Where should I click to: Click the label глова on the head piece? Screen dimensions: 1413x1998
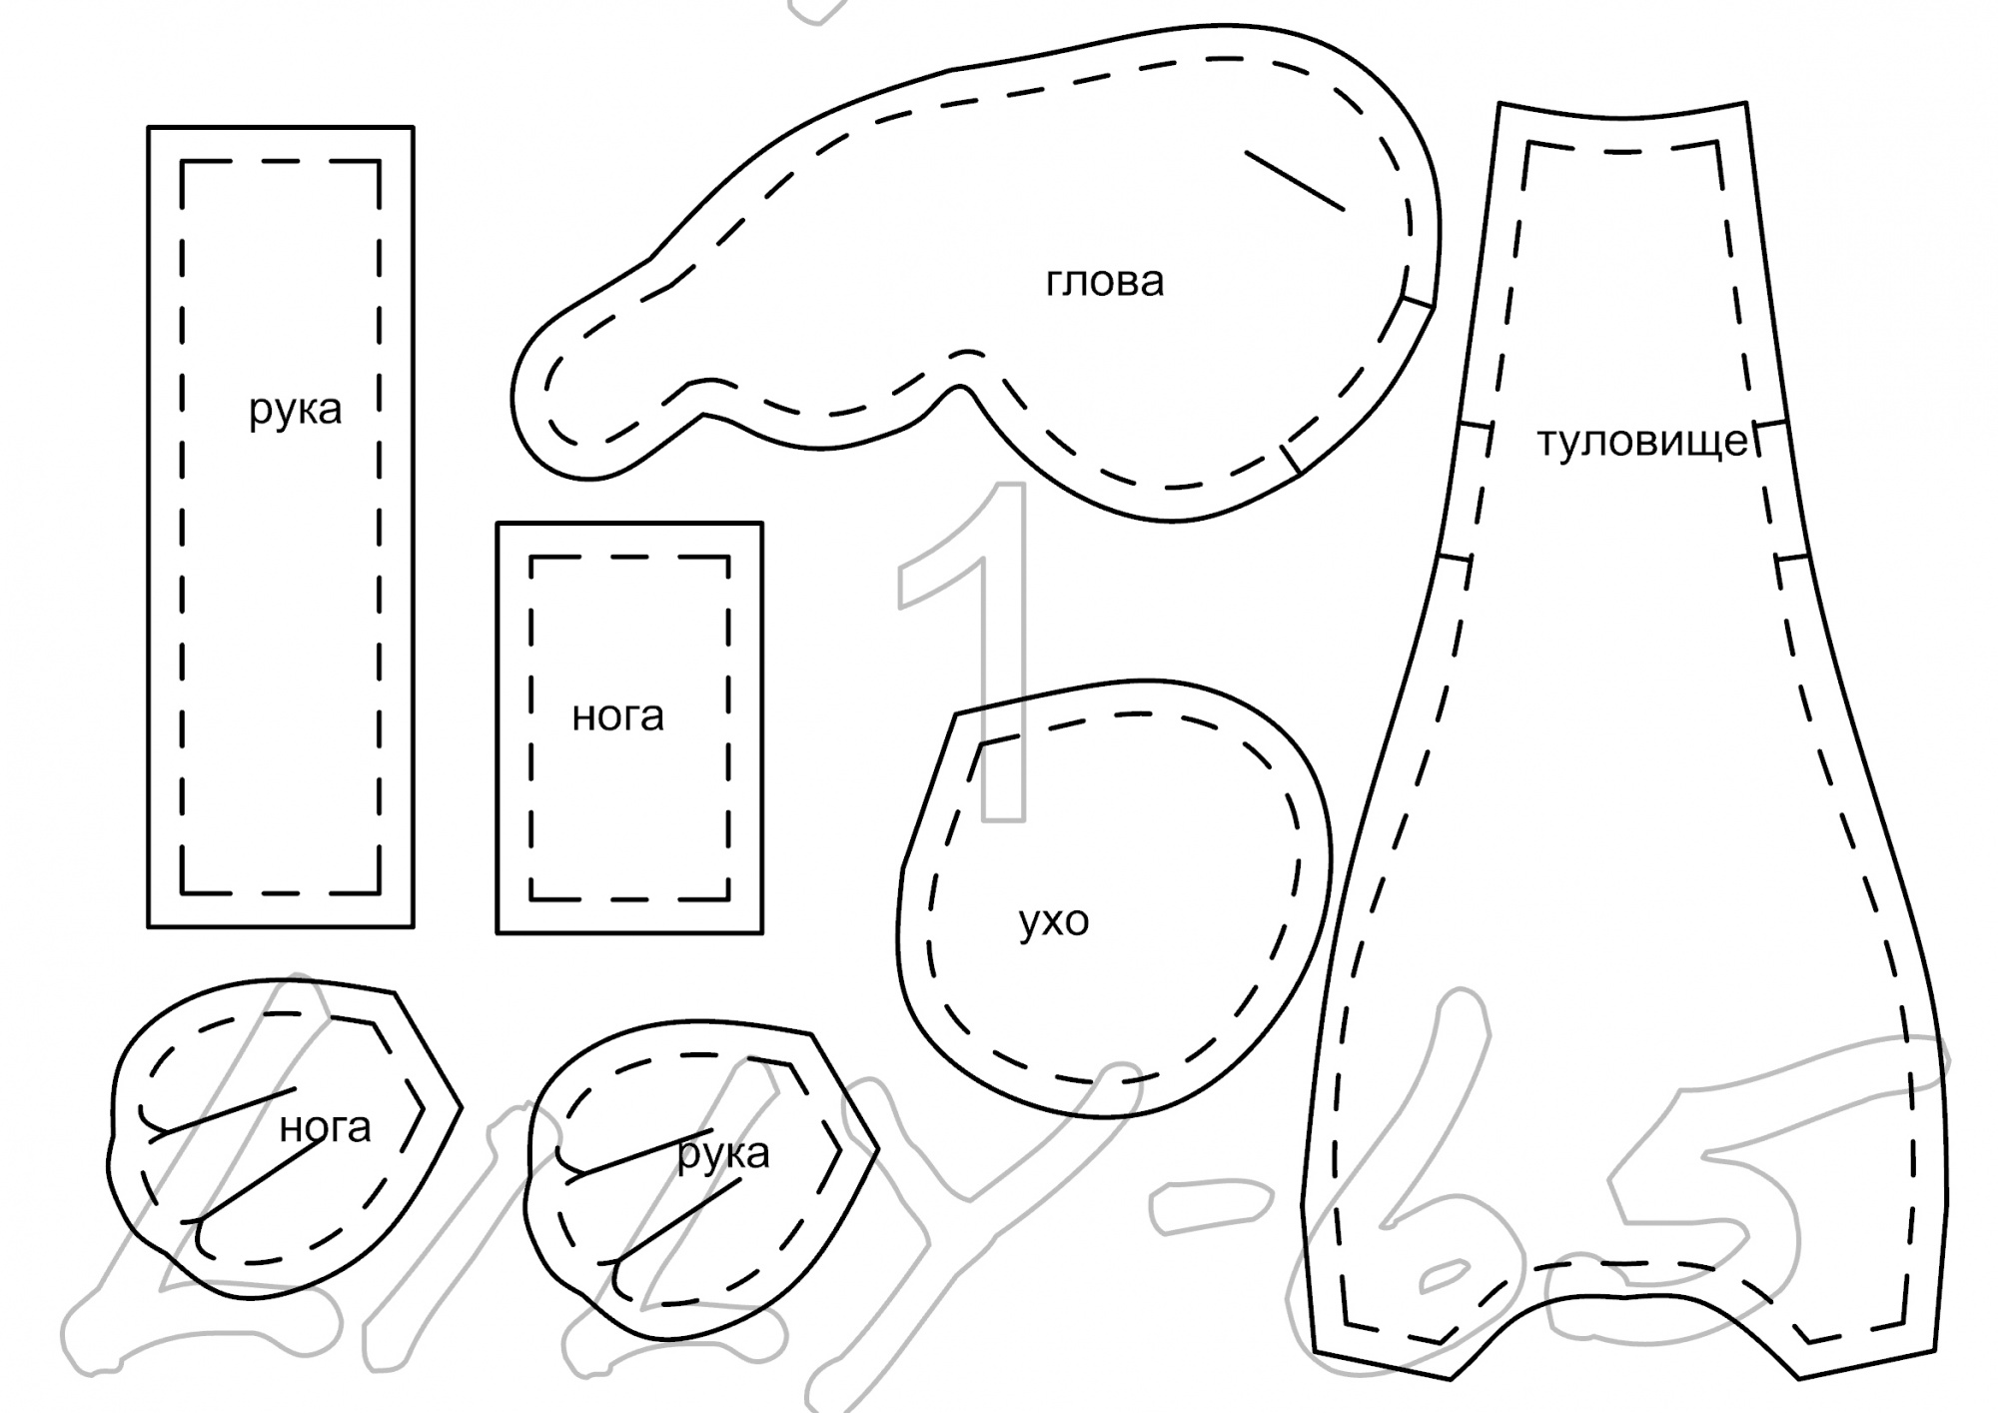[1104, 282]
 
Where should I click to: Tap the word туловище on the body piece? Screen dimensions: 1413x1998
[1641, 441]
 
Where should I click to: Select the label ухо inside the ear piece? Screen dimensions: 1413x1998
[1053, 921]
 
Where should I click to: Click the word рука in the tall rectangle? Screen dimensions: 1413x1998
[295, 409]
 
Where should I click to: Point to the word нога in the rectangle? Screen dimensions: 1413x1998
[617, 716]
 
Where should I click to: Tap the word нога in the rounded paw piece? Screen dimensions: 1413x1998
[325, 1127]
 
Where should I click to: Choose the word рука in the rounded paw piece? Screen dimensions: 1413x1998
[723, 1154]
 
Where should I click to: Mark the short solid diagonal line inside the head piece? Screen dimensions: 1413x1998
[1294, 181]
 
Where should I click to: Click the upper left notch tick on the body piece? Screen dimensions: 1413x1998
[1475, 426]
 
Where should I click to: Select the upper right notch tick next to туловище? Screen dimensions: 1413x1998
[1769, 426]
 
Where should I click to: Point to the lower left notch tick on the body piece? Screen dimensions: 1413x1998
[1455, 558]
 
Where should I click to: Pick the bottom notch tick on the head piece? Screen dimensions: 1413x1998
[1292, 458]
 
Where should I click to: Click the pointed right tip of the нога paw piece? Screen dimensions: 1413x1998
[460, 1107]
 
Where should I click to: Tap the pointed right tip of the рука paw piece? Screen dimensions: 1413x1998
[876, 1149]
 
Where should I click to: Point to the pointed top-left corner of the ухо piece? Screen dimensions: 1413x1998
[957, 713]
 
